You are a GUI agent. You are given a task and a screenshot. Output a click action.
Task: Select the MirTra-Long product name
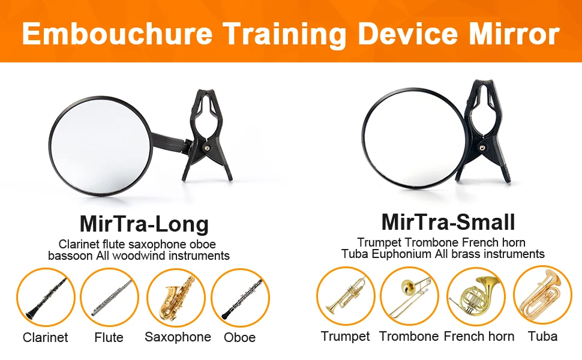[x=144, y=224]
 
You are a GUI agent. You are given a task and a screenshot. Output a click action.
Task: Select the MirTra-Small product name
[x=448, y=222]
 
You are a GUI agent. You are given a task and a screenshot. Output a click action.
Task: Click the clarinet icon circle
[x=46, y=298]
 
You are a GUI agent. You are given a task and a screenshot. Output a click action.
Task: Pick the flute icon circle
[x=109, y=298]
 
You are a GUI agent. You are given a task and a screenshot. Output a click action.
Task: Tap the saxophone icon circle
[x=176, y=298]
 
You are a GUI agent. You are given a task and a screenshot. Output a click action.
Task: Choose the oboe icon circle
[x=240, y=298]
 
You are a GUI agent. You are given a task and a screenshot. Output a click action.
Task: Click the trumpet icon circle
[x=346, y=296]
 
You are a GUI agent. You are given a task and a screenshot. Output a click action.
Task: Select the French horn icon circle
[x=476, y=296]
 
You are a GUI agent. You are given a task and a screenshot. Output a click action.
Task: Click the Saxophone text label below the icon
[x=178, y=337]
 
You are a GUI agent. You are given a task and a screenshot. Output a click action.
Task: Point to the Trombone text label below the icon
[x=409, y=336]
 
